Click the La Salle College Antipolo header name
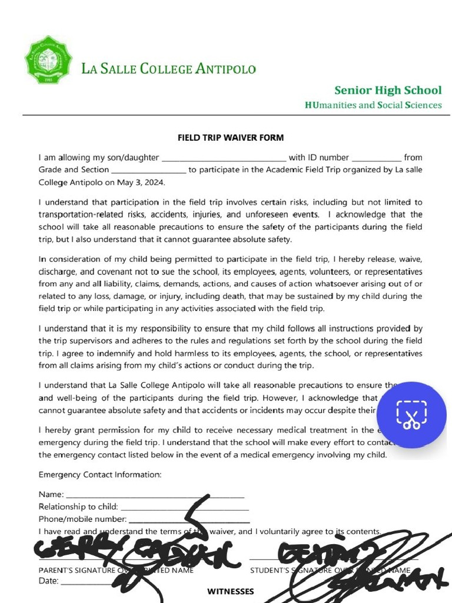[x=168, y=69]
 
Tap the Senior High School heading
[x=387, y=90]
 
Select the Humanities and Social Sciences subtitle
[x=373, y=105]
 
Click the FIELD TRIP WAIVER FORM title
[x=231, y=138]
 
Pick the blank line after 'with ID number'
[x=377, y=158]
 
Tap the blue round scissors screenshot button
[x=411, y=415]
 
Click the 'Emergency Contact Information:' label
[x=100, y=475]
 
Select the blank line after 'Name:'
[x=155, y=495]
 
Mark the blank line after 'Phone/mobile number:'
[x=189, y=519]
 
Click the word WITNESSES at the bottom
[x=231, y=591]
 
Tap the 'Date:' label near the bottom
[x=49, y=581]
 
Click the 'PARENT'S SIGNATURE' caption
[x=77, y=571]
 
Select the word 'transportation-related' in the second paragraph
[x=81, y=215]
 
